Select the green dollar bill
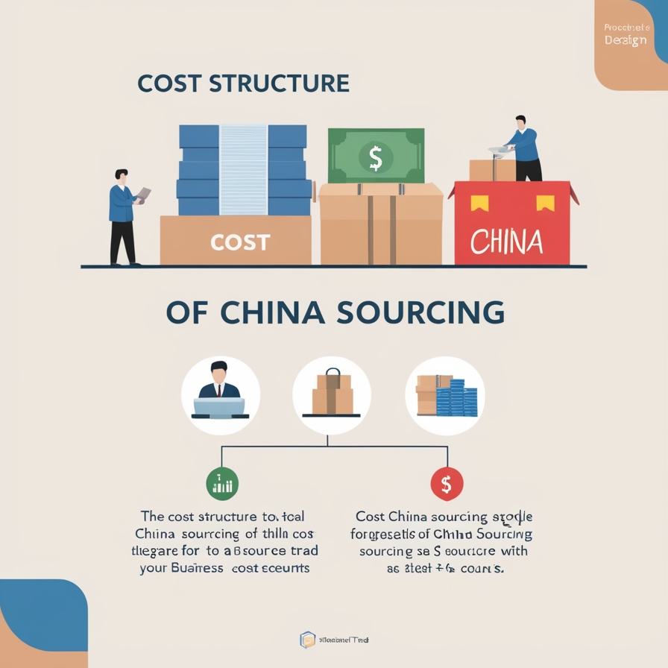click(376, 157)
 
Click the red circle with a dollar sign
click(447, 485)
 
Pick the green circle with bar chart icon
click(221, 485)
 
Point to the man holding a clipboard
click(125, 216)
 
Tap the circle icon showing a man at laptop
click(220, 395)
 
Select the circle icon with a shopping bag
click(332, 395)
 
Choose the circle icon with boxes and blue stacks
click(445, 395)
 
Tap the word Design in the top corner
click(626, 40)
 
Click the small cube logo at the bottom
click(307, 640)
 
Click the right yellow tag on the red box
click(546, 202)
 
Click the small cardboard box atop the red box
click(492, 170)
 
